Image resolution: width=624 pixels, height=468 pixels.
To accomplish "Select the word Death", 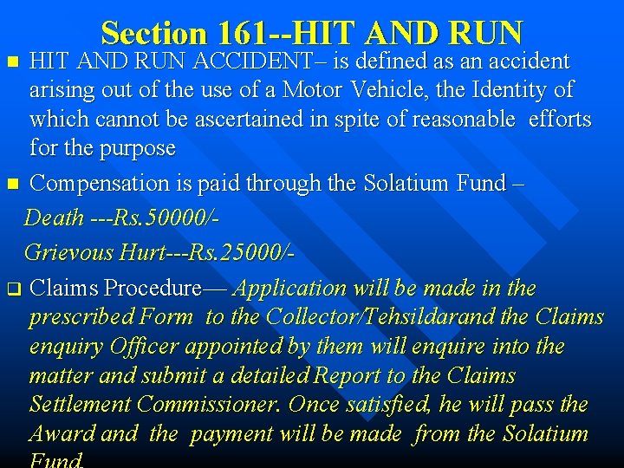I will (54, 218).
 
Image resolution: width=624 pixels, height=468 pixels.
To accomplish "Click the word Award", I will (66, 433).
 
